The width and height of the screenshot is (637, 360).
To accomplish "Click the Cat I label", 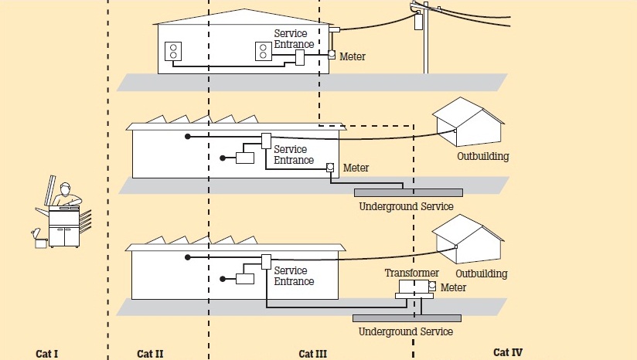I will click(47, 354).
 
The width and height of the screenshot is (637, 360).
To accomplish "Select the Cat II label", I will click(150, 354).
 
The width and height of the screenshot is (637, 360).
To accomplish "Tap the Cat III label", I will click(313, 354).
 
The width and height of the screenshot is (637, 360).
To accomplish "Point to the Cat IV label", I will click(508, 352).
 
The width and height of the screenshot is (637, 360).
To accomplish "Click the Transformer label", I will click(412, 273).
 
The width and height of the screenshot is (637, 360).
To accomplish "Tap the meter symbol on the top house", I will click(332, 56).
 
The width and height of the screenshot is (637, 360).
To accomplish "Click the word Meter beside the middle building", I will click(356, 168).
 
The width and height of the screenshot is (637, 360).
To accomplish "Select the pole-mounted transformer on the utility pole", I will click(418, 21).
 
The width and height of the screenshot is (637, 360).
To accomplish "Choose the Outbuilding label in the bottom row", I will click(481, 273).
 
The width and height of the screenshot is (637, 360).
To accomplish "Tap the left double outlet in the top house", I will click(174, 52).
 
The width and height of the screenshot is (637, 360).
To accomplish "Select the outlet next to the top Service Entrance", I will click(263, 51).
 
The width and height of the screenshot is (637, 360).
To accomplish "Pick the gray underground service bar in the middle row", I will click(408, 192).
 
